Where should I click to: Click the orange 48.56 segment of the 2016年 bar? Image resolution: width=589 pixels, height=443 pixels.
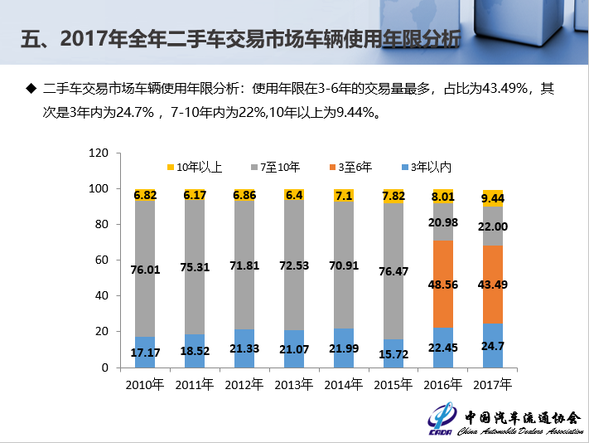pos(444,284)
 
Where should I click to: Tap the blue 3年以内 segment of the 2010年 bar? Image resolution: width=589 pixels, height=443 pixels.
pos(146,352)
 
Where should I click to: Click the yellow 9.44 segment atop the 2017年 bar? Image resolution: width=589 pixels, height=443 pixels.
pos(494,198)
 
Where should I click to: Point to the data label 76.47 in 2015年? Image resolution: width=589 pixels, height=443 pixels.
pos(393,271)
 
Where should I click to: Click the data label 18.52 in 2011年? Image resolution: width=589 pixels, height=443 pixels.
pos(195,351)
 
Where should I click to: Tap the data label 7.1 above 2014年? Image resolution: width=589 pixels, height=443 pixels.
pos(344,196)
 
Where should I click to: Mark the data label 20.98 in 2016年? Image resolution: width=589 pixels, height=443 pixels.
pos(444,222)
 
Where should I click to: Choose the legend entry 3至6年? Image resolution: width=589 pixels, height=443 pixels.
pos(355,168)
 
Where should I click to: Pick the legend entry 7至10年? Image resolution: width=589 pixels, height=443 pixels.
pos(276,168)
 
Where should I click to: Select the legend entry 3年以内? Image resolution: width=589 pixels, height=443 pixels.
pos(430,168)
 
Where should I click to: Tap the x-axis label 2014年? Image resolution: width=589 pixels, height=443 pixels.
pos(344,385)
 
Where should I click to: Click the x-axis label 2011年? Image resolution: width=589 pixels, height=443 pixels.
pos(195,385)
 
